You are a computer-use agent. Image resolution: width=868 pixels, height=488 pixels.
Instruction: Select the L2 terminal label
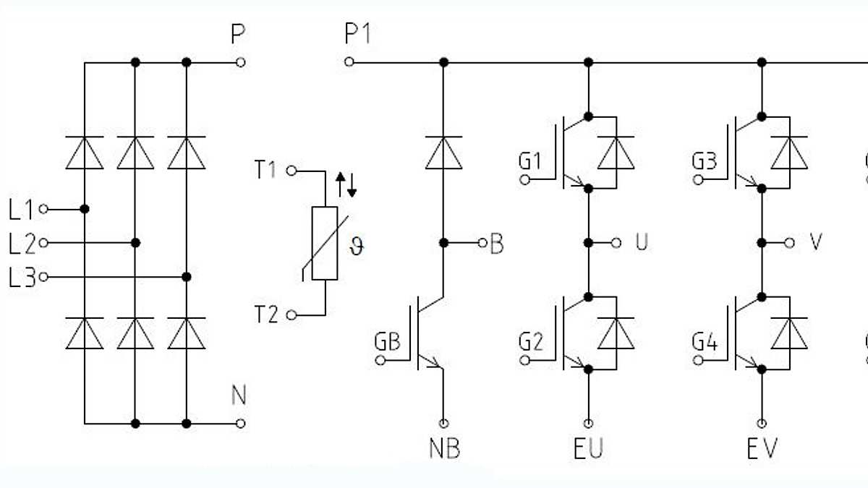tap(22, 244)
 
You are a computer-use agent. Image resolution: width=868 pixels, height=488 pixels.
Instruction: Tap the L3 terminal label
tap(22, 278)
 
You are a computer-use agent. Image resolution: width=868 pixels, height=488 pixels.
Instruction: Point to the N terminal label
tap(239, 396)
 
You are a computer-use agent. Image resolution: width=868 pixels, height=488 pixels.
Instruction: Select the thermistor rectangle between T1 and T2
tap(324, 243)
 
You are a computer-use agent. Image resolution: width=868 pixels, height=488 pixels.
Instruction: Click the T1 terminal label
tap(266, 171)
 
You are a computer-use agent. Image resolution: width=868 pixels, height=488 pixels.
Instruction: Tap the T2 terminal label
tap(266, 315)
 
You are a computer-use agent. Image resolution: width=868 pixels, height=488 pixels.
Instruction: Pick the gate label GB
tap(387, 341)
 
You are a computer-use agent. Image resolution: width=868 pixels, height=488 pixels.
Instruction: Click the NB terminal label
tap(443, 449)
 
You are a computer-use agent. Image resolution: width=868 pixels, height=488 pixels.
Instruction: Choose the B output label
tap(496, 244)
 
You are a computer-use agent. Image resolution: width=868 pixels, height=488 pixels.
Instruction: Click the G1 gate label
tap(530, 161)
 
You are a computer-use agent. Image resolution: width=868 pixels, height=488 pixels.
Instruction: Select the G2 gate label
tap(531, 341)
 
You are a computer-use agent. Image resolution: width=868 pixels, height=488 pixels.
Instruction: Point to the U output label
tap(641, 243)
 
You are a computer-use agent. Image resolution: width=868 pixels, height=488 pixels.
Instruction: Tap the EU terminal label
tap(588, 449)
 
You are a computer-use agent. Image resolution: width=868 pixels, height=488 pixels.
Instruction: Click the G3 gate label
tap(704, 161)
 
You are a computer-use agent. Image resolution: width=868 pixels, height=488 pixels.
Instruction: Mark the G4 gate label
tap(705, 341)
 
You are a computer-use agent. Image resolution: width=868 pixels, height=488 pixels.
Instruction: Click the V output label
tap(815, 243)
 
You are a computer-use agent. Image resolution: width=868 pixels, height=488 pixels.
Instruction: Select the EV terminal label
tap(762, 449)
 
